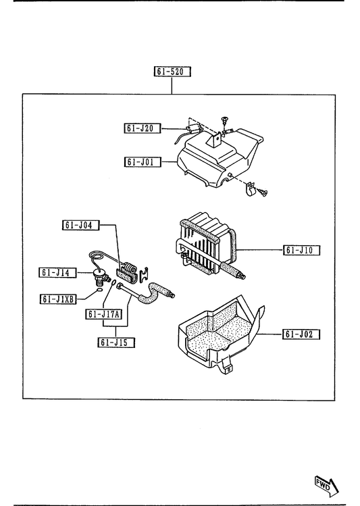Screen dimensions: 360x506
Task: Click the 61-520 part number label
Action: pyautogui.click(x=172, y=72)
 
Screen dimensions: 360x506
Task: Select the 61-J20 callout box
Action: pyautogui.click(x=143, y=128)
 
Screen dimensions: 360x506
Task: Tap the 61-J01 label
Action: pyautogui.click(x=143, y=161)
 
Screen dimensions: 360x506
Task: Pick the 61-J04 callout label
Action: pyautogui.click(x=80, y=225)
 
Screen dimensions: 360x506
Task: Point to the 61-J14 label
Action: pyautogui.click(x=57, y=273)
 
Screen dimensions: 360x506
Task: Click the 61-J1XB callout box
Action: pyautogui.click(x=58, y=299)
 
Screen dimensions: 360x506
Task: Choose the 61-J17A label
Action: pyautogui.click(x=104, y=314)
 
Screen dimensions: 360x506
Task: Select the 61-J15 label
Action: pyautogui.click(x=116, y=343)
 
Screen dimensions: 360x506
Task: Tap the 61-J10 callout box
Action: pyautogui.click(x=302, y=250)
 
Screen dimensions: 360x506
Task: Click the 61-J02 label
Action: pyautogui.click(x=301, y=334)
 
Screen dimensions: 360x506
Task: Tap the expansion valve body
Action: pyautogui.click(x=99, y=276)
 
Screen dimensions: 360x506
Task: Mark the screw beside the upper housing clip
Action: pyautogui.click(x=262, y=193)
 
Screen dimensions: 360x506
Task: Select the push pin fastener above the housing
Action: pyautogui.click(x=224, y=120)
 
